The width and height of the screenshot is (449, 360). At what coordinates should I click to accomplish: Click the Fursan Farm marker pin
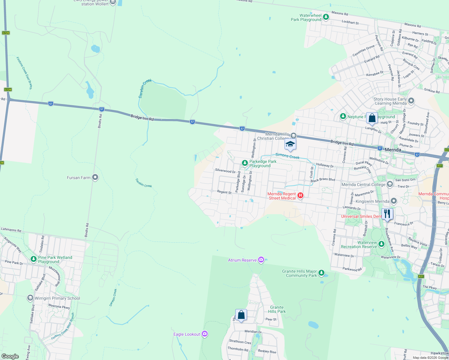pyautogui.click(x=95, y=178)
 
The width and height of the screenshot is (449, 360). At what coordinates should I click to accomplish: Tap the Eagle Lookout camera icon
pyautogui.click(x=205, y=334)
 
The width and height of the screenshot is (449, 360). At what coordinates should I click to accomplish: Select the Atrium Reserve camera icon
pyautogui.click(x=261, y=260)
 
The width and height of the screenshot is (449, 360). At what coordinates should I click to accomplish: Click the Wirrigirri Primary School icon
pyautogui.click(x=30, y=298)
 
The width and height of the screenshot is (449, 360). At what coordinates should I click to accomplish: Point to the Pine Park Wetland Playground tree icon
pyautogui.click(x=33, y=259)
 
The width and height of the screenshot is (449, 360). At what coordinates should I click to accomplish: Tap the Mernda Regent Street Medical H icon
pyautogui.click(x=300, y=196)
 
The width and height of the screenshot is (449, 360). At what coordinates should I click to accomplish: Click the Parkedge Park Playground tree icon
pyautogui.click(x=245, y=163)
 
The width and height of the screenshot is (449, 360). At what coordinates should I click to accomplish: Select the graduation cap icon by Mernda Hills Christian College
pyautogui.click(x=290, y=145)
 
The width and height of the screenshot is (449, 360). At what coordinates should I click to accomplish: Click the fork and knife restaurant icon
pyautogui.click(x=387, y=214)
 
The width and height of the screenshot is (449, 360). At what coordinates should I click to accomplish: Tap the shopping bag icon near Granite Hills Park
pyautogui.click(x=241, y=315)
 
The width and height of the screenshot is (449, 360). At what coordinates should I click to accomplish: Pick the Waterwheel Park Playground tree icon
pyautogui.click(x=326, y=17)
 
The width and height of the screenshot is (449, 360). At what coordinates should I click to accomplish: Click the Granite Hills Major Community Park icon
pyautogui.click(x=321, y=273)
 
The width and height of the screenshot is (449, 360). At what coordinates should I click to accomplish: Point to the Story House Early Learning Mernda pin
pyautogui.click(x=411, y=101)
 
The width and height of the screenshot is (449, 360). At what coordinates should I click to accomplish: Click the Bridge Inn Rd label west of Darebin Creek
pyautogui.click(x=142, y=117)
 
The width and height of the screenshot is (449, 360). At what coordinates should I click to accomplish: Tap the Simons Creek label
pyautogui.click(x=287, y=156)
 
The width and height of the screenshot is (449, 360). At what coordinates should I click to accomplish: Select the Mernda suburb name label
pyautogui.click(x=393, y=150)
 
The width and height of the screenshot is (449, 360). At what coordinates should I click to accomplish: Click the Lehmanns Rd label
pyautogui.click(x=11, y=230)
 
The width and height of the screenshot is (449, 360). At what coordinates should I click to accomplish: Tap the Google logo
pyautogui.click(x=10, y=356)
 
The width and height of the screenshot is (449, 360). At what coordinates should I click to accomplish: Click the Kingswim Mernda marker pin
pyautogui.click(x=394, y=201)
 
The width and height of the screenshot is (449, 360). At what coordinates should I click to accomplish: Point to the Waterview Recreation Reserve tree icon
pyautogui.click(x=381, y=244)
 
